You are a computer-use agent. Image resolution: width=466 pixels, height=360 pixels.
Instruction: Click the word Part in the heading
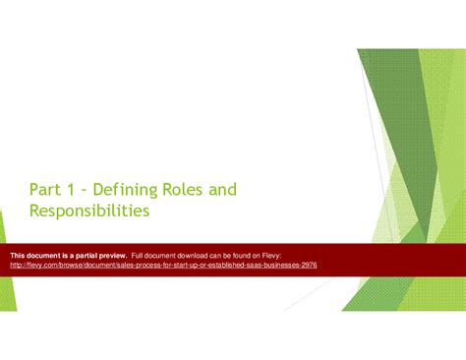(46, 189)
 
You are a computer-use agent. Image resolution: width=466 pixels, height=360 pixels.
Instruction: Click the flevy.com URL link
(163, 265)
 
